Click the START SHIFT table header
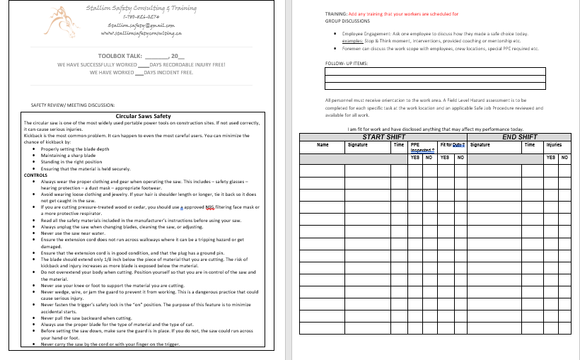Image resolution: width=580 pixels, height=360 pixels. click(x=383, y=137)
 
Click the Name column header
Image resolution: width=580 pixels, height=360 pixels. click(x=323, y=144)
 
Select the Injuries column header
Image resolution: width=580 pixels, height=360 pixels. click(x=554, y=144)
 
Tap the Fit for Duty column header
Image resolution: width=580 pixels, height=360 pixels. click(x=451, y=144)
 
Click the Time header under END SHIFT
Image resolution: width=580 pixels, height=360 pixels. click(x=530, y=144)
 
